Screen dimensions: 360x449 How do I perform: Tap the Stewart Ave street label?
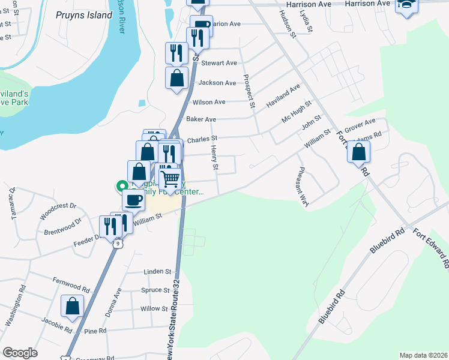point(219,63)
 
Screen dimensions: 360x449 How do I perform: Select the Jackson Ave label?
point(217,83)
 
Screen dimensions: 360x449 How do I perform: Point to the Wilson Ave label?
point(209,103)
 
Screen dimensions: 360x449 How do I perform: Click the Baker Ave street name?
point(201,120)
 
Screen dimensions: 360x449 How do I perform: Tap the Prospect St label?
point(249,91)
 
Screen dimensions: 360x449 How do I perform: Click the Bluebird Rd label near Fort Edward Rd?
point(388,239)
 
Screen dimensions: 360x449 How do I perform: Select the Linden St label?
point(157,272)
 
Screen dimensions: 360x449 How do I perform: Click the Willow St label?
point(154,309)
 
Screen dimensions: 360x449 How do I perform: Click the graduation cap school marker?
point(406,5)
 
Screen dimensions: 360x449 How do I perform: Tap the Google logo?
point(20,353)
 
